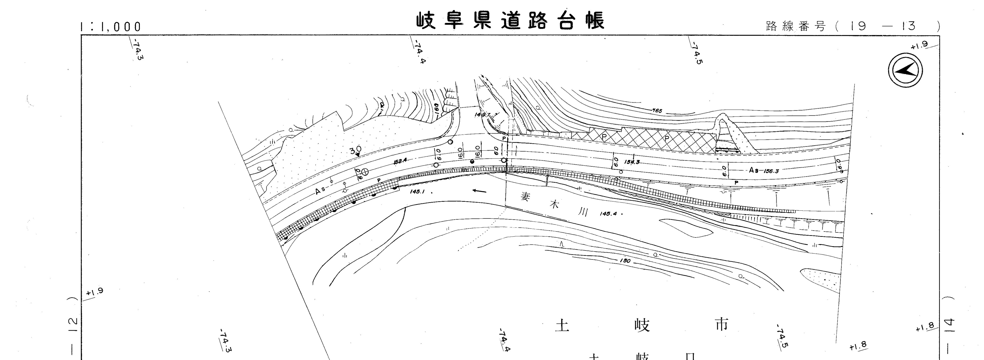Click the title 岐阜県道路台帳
pyautogui.click(x=510, y=21)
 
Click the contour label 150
pyautogui.click(x=625, y=261)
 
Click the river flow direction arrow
pyautogui.click(x=479, y=190)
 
